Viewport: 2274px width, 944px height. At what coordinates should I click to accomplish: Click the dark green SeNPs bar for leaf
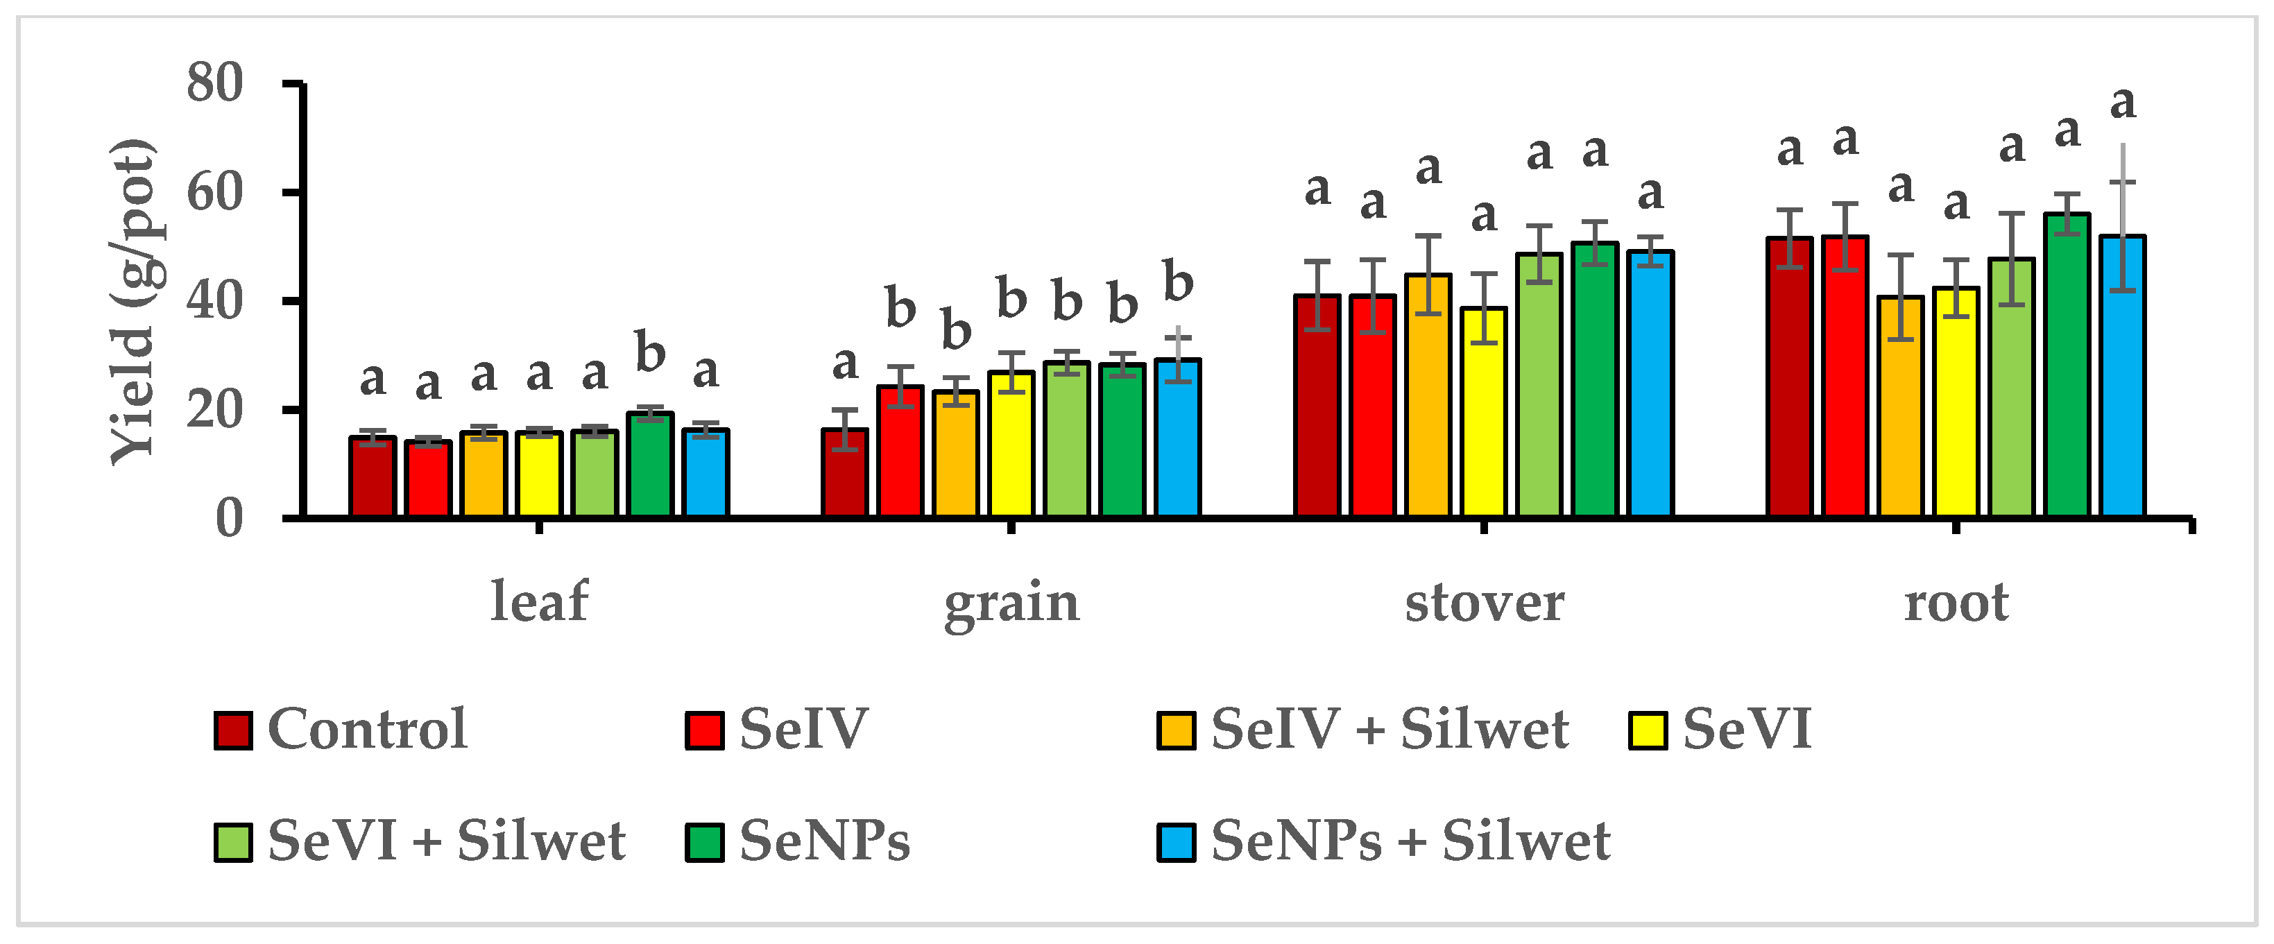pyautogui.click(x=650, y=465)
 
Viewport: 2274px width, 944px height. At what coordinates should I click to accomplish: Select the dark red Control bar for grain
pyautogui.click(x=845, y=473)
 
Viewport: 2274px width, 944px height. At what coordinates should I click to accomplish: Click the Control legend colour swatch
pyautogui.click(x=233, y=730)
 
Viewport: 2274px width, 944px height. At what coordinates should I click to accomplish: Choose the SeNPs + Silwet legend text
pyautogui.click(x=1410, y=841)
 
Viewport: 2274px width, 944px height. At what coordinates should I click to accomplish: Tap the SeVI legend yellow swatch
pyautogui.click(x=1648, y=730)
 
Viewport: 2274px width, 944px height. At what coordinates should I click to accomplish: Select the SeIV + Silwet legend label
pyautogui.click(x=1390, y=730)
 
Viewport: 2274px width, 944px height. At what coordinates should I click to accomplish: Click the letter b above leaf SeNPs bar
pyautogui.click(x=650, y=353)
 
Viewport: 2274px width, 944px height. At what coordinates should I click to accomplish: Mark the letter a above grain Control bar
pyautogui.click(x=845, y=363)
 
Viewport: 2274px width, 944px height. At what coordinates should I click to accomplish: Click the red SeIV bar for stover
pyautogui.click(x=1373, y=406)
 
